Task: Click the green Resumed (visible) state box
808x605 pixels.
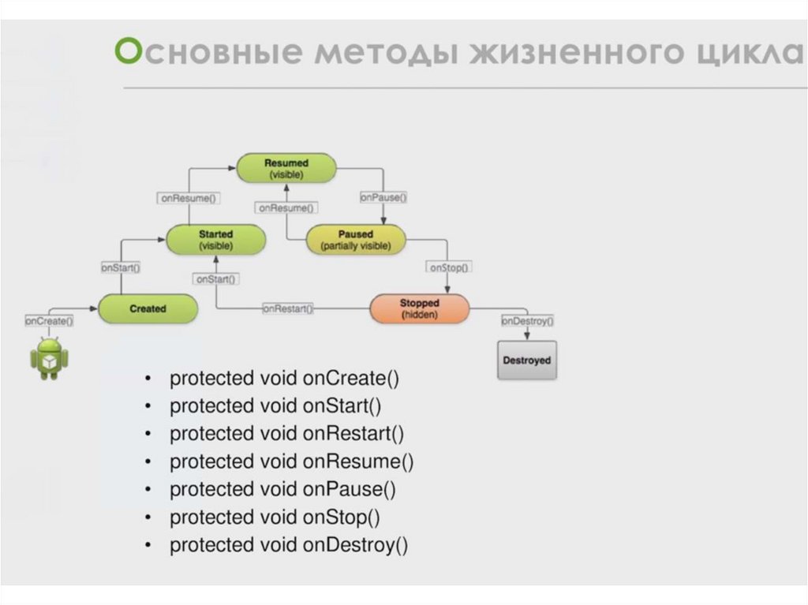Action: tap(286, 168)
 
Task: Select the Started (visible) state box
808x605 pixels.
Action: tap(215, 240)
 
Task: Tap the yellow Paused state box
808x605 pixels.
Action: tap(355, 240)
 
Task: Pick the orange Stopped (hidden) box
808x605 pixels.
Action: tap(419, 308)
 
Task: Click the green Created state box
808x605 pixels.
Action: tap(148, 308)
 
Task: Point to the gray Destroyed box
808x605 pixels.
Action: tap(526, 360)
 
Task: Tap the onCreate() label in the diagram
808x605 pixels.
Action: tap(49, 321)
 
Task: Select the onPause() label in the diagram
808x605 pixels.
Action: tap(383, 198)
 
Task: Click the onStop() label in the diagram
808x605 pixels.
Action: tap(449, 267)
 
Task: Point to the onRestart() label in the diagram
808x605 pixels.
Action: tap(287, 309)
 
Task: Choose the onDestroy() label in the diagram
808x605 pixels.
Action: tap(527, 321)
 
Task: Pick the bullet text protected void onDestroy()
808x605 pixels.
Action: tap(289, 545)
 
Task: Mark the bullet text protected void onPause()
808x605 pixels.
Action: tap(282, 489)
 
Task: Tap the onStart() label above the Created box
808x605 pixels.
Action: tap(121, 268)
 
